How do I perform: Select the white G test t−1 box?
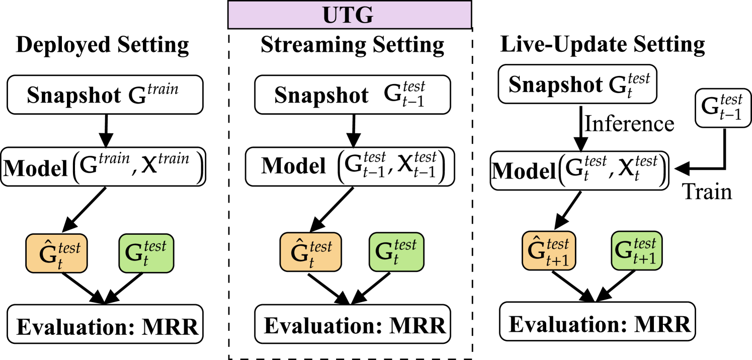pos(723,108)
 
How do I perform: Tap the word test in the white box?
pos(731,100)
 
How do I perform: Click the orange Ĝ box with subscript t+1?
pos(549,250)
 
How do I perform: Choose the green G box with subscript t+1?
pos(636,250)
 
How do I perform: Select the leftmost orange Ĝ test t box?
pos(56,253)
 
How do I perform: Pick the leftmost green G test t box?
pos(146,253)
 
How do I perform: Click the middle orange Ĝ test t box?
pos(310,252)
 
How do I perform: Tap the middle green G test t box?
pos(396,252)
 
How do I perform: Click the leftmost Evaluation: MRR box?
pos(105,324)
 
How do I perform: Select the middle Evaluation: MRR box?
pos(353,324)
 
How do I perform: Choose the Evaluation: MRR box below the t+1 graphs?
pos(597,321)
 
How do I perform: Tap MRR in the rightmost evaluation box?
pos(662,324)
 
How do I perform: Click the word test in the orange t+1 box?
pos(557,244)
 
